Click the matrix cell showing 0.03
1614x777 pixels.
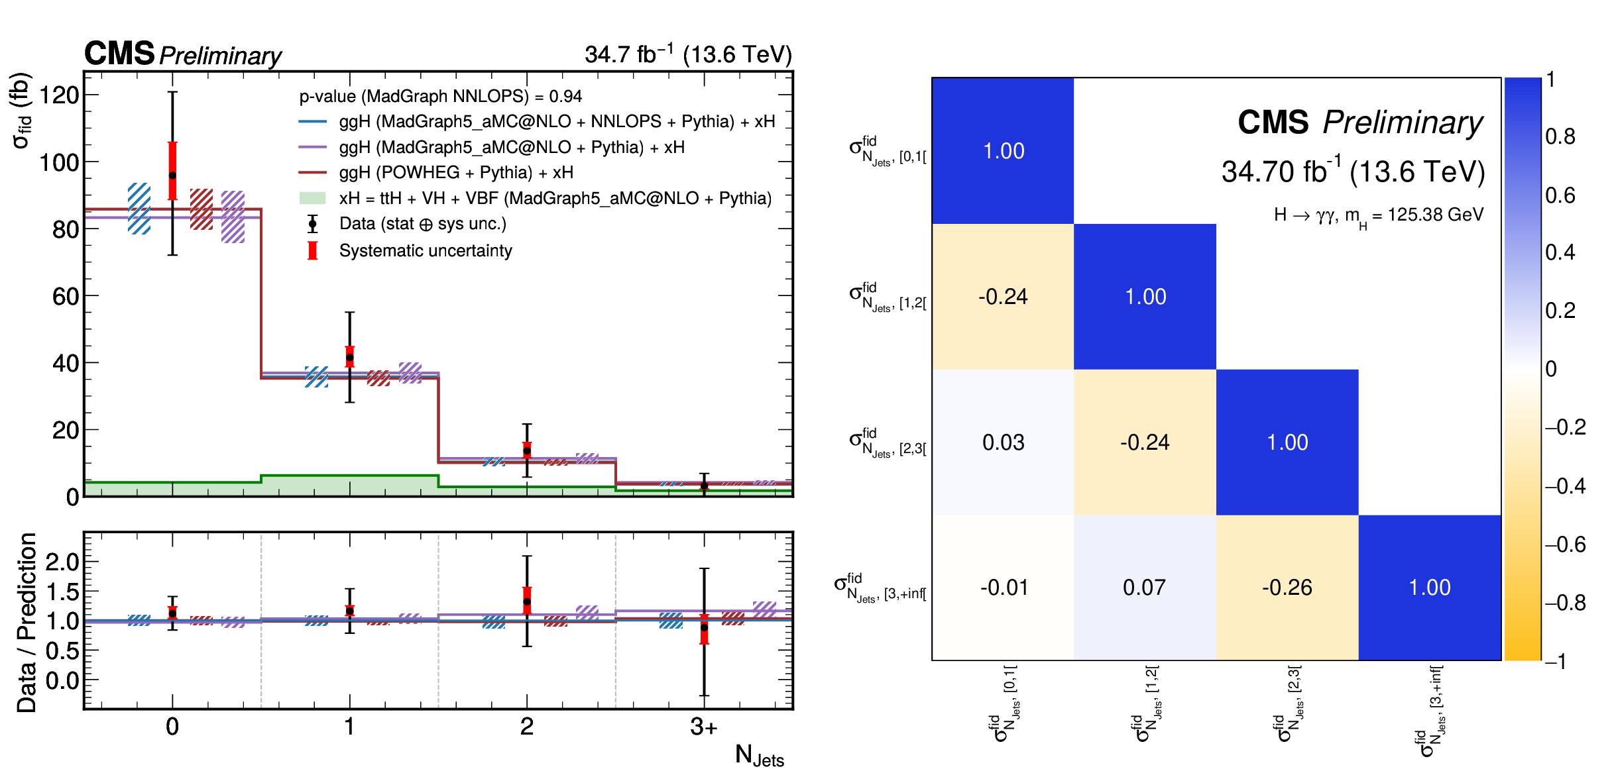[1003, 442]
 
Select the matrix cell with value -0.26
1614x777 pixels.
[1287, 588]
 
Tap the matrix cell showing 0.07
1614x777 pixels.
[1145, 588]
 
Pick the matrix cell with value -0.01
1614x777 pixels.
[1004, 588]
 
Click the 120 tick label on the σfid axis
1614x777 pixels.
[60, 95]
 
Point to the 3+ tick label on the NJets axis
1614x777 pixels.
[703, 727]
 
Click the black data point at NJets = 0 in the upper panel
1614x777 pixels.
[172, 176]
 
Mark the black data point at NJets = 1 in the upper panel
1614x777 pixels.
[350, 358]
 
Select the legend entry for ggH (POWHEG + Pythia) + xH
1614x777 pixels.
[456, 172]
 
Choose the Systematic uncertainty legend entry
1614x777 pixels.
[425, 250]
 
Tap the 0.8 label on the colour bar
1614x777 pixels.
[1560, 136]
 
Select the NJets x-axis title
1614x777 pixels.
[759, 755]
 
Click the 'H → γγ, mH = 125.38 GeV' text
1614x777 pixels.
[1378, 215]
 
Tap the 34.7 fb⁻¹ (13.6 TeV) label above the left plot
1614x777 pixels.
[687, 54]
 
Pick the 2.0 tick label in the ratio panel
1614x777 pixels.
[62, 562]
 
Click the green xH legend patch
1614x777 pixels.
[312, 198]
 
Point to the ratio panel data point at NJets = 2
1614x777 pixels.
[527, 602]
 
